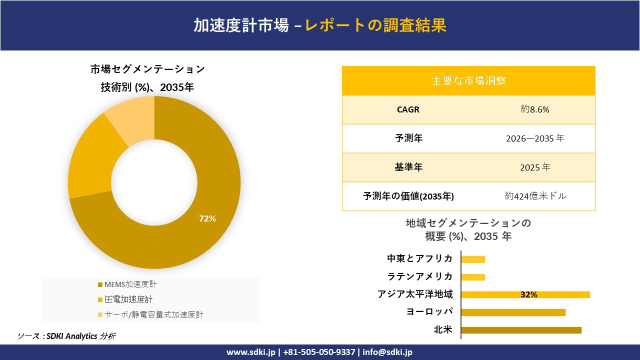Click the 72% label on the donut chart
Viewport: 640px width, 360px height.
tap(207, 218)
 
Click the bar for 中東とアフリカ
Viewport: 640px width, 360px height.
tap(473, 259)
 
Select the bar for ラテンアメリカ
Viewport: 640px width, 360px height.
tap(473, 277)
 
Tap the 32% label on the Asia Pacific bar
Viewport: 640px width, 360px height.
tap(528, 295)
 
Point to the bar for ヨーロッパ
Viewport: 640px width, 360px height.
tap(513, 312)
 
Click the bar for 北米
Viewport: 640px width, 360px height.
tap(521, 330)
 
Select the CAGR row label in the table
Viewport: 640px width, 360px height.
tap(408, 109)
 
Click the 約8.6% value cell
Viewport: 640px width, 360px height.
tap(534, 109)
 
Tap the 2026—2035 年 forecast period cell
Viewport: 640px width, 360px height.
tap(534, 138)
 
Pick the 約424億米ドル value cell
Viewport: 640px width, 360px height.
tap(535, 196)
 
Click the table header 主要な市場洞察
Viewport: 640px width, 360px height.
tap(468, 80)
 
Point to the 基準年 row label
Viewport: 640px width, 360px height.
tap(408, 167)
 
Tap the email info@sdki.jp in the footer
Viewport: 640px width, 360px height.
tap(387, 352)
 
